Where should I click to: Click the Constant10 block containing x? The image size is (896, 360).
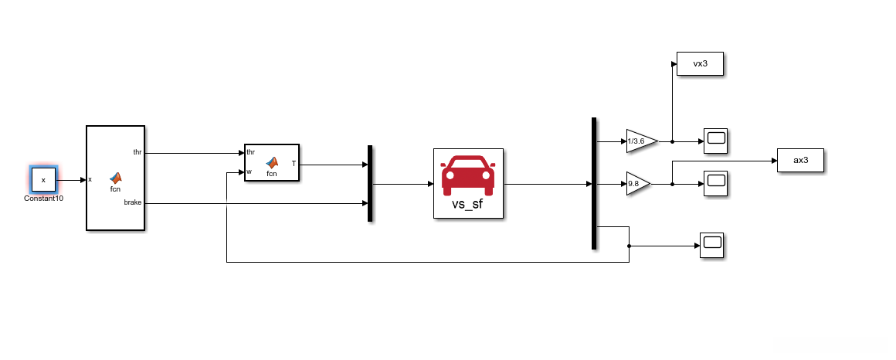click(43, 180)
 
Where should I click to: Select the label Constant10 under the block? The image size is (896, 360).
click(43, 198)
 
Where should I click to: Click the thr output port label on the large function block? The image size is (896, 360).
click(137, 152)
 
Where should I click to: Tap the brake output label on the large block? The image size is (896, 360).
click(133, 202)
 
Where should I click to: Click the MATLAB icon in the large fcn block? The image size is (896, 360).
click(116, 177)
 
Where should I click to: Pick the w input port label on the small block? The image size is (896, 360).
click(249, 172)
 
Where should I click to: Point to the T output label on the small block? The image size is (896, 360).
click(294, 163)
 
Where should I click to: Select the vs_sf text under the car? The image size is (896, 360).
click(468, 204)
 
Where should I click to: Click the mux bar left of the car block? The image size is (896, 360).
click(371, 183)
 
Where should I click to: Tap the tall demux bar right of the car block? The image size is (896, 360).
click(594, 183)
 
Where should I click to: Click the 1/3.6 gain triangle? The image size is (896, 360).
click(640, 141)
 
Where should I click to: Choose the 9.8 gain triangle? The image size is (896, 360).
click(637, 184)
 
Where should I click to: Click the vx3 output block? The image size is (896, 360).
click(700, 64)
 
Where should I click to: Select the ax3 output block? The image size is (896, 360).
click(800, 161)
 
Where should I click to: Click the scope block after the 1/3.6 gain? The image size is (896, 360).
click(716, 141)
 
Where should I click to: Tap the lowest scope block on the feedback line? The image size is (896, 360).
click(711, 245)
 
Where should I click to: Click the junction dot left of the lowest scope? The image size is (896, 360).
click(630, 246)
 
